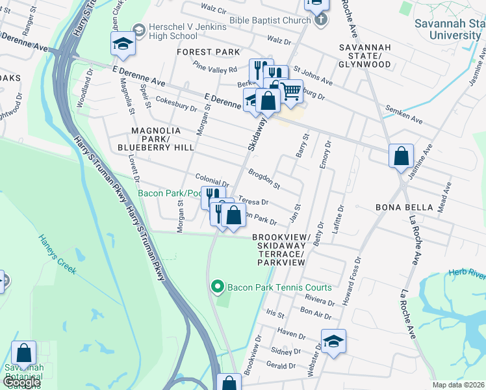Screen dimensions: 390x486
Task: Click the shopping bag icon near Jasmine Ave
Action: pos(402,156)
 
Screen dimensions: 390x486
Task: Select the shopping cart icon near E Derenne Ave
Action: pos(290,93)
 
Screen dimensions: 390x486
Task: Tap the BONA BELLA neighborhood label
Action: pos(404,207)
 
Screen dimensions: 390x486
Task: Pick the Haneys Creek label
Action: pos(57,255)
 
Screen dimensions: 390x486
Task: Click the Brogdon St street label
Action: pos(263,178)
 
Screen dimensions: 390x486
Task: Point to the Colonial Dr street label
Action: pos(212,181)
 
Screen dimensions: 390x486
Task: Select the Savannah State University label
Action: pos(448,29)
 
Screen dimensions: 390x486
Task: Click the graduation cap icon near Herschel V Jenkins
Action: pos(122,44)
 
